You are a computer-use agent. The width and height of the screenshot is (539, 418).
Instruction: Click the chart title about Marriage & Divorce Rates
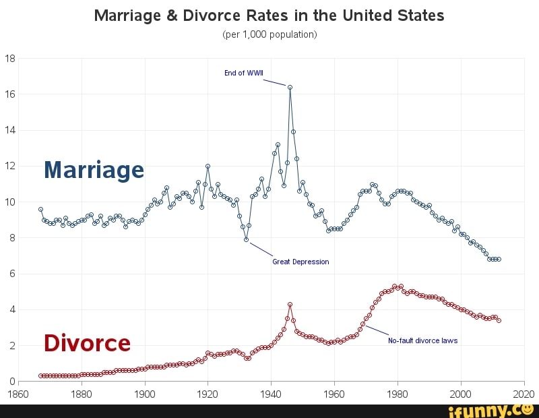[x=269, y=16]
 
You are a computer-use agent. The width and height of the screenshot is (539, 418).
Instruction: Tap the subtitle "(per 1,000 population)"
[x=269, y=34]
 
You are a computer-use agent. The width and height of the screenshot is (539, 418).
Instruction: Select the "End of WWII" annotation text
[x=244, y=73]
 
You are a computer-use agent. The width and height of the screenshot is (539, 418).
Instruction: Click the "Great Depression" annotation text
[x=300, y=262]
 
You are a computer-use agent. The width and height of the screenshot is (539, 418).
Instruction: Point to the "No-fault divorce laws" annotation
[x=422, y=340]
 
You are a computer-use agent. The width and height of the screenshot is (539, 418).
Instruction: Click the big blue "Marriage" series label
[x=94, y=169]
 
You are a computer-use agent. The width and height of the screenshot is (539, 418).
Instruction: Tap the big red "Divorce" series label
[x=87, y=343]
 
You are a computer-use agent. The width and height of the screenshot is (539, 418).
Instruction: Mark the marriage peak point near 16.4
[x=290, y=87]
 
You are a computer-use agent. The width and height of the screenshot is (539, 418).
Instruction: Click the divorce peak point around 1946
[x=290, y=304]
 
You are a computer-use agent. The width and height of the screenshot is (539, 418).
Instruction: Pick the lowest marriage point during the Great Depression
[x=246, y=239]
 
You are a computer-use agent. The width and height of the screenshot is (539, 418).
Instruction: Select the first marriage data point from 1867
[x=40, y=209]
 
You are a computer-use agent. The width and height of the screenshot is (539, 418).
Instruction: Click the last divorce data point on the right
[x=499, y=320]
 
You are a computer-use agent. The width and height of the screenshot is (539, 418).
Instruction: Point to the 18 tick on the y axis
[x=10, y=58]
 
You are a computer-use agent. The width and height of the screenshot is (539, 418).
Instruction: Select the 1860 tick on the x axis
[x=18, y=394]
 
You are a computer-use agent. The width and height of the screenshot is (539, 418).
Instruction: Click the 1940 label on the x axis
[x=271, y=394]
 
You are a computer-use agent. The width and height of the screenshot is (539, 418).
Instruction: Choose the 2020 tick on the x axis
[x=524, y=394]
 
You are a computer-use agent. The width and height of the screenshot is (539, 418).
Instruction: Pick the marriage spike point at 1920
[x=208, y=166]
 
